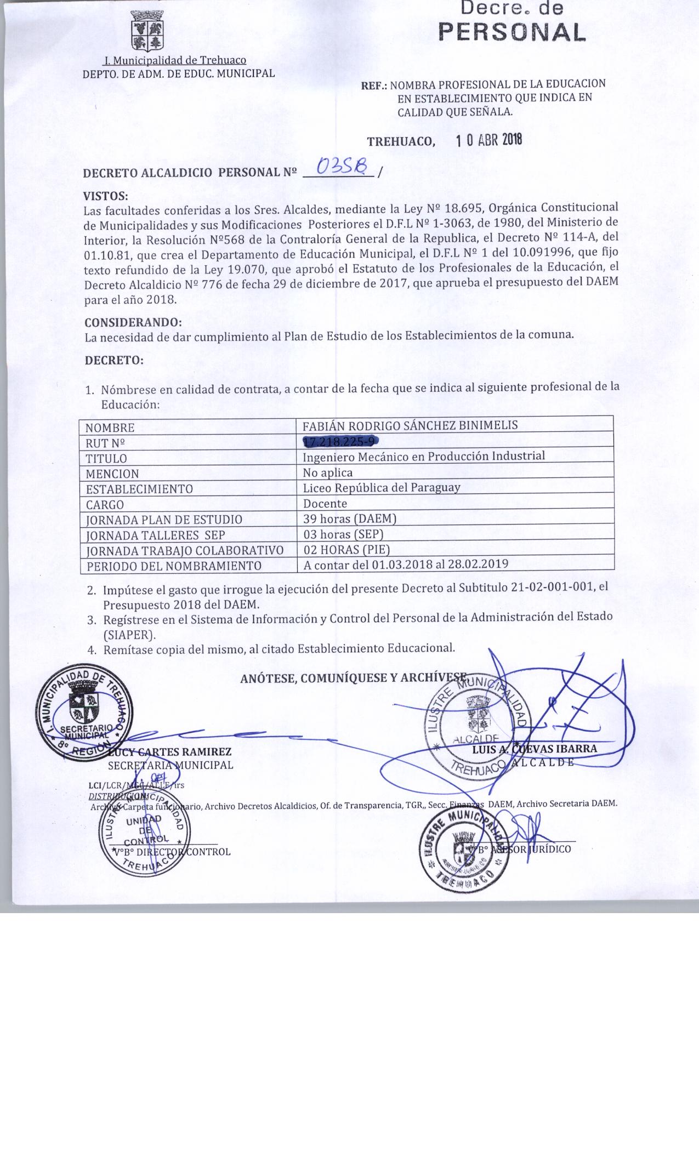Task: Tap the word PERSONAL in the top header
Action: point(512,33)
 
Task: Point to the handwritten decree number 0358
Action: point(345,166)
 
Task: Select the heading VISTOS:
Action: point(105,196)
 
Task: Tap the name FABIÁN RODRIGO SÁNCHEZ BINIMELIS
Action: point(411,425)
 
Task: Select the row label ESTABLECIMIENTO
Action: point(139,488)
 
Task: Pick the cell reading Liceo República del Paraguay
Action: point(382,487)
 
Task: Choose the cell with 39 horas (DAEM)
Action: point(349,518)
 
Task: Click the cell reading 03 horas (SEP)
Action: point(343,533)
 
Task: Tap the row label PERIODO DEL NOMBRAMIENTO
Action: point(173,566)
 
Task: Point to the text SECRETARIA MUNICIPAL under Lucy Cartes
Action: point(171,765)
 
